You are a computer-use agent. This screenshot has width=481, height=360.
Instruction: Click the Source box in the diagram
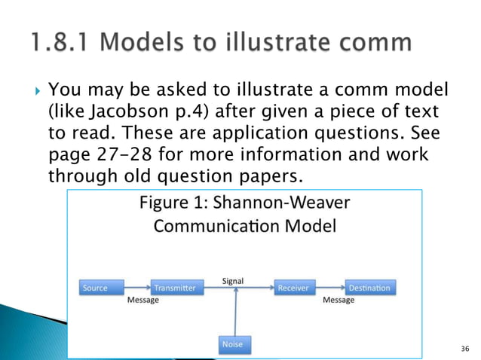[95, 288]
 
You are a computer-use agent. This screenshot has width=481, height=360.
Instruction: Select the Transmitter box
[174, 288]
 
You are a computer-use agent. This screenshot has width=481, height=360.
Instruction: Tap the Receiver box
[293, 288]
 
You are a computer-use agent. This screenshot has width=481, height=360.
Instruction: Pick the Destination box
[369, 288]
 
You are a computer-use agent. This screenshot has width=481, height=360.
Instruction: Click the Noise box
[231, 343]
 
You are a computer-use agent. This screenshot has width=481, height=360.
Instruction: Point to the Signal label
[232, 281]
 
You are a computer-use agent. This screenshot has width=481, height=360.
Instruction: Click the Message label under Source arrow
[142, 300]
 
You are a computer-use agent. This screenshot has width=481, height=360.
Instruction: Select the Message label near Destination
[339, 300]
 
